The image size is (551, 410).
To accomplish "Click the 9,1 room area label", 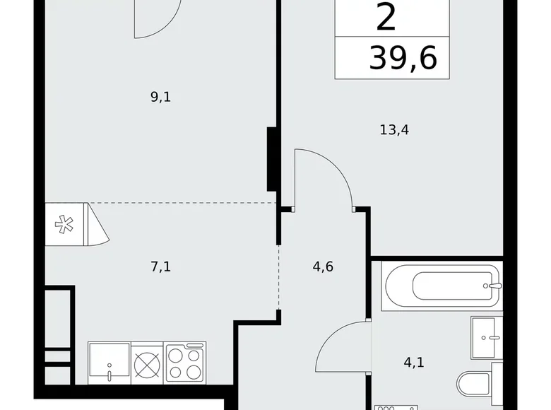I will click(x=161, y=98).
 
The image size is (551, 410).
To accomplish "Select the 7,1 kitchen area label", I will click(x=161, y=266).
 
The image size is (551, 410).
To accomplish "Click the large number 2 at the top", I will click(x=386, y=18).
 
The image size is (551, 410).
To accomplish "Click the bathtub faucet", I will click(x=492, y=286).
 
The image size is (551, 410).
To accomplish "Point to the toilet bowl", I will click(x=477, y=384).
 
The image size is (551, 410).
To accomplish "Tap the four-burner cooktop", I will click(x=185, y=363).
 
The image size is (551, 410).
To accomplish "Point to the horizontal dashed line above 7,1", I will click(x=184, y=204).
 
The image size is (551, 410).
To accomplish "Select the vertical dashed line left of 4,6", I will click(x=279, y=276).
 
